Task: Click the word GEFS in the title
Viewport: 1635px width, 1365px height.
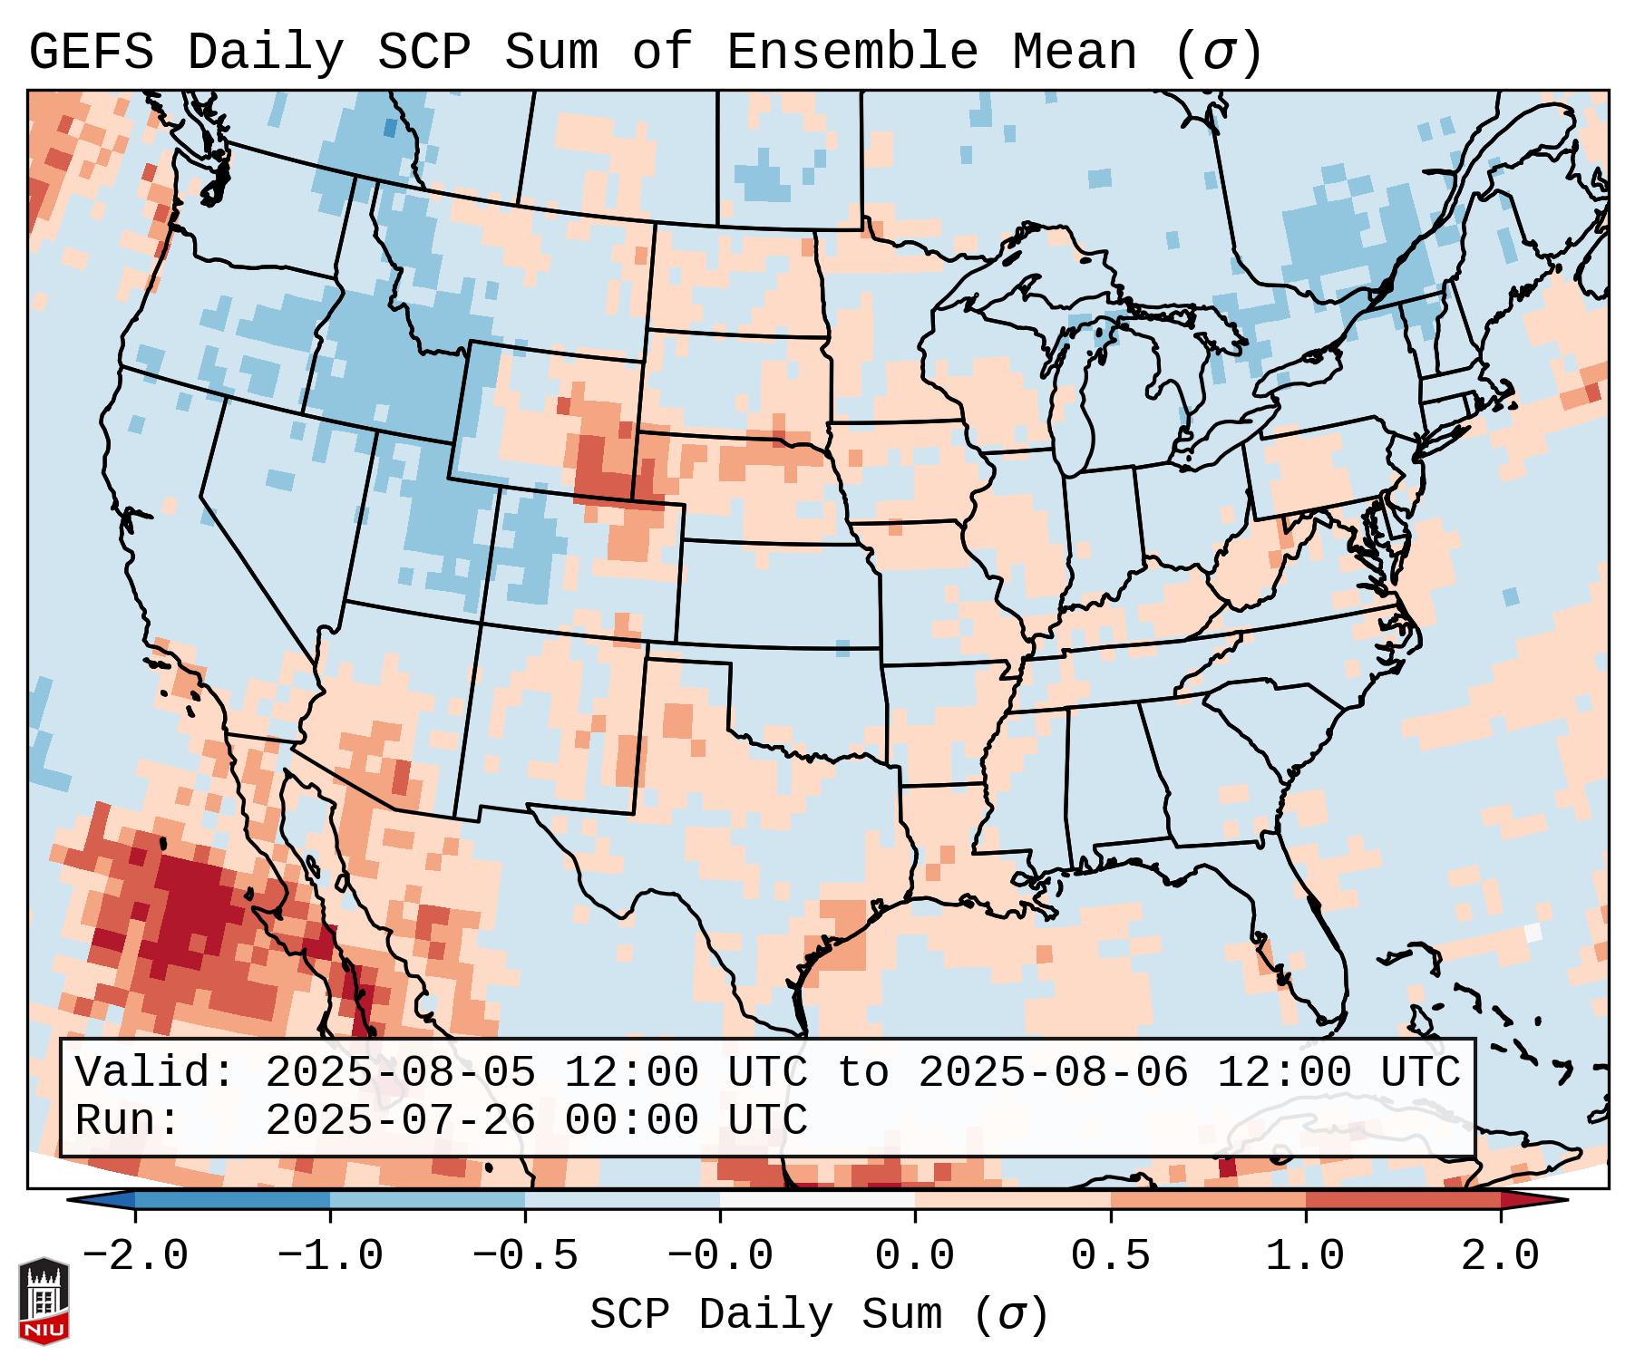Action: (91, 52)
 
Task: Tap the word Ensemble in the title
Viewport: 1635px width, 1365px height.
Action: (852, 52)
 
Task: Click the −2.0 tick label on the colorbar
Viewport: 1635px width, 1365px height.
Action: (135, 1256)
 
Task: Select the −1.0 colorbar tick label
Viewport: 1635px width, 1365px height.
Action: (330, 1256)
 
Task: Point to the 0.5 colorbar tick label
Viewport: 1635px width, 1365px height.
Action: (1111, 1256)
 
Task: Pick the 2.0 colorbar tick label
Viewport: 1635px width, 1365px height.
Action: (1501, 1256)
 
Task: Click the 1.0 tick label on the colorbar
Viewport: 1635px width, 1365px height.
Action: (1306, 1256)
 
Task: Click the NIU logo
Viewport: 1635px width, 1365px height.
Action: (44, 1302)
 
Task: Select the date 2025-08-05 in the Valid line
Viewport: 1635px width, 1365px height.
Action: (399, 1073)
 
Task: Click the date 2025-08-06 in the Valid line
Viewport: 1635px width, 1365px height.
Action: (1053, 1073)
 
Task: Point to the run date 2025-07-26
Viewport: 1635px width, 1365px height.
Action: (399, 1120)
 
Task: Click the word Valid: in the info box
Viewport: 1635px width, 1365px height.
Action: (155, 1073)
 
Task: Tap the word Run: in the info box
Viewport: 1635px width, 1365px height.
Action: (128, 1120)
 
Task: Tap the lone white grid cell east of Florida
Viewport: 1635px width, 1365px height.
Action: (1533, 932)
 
